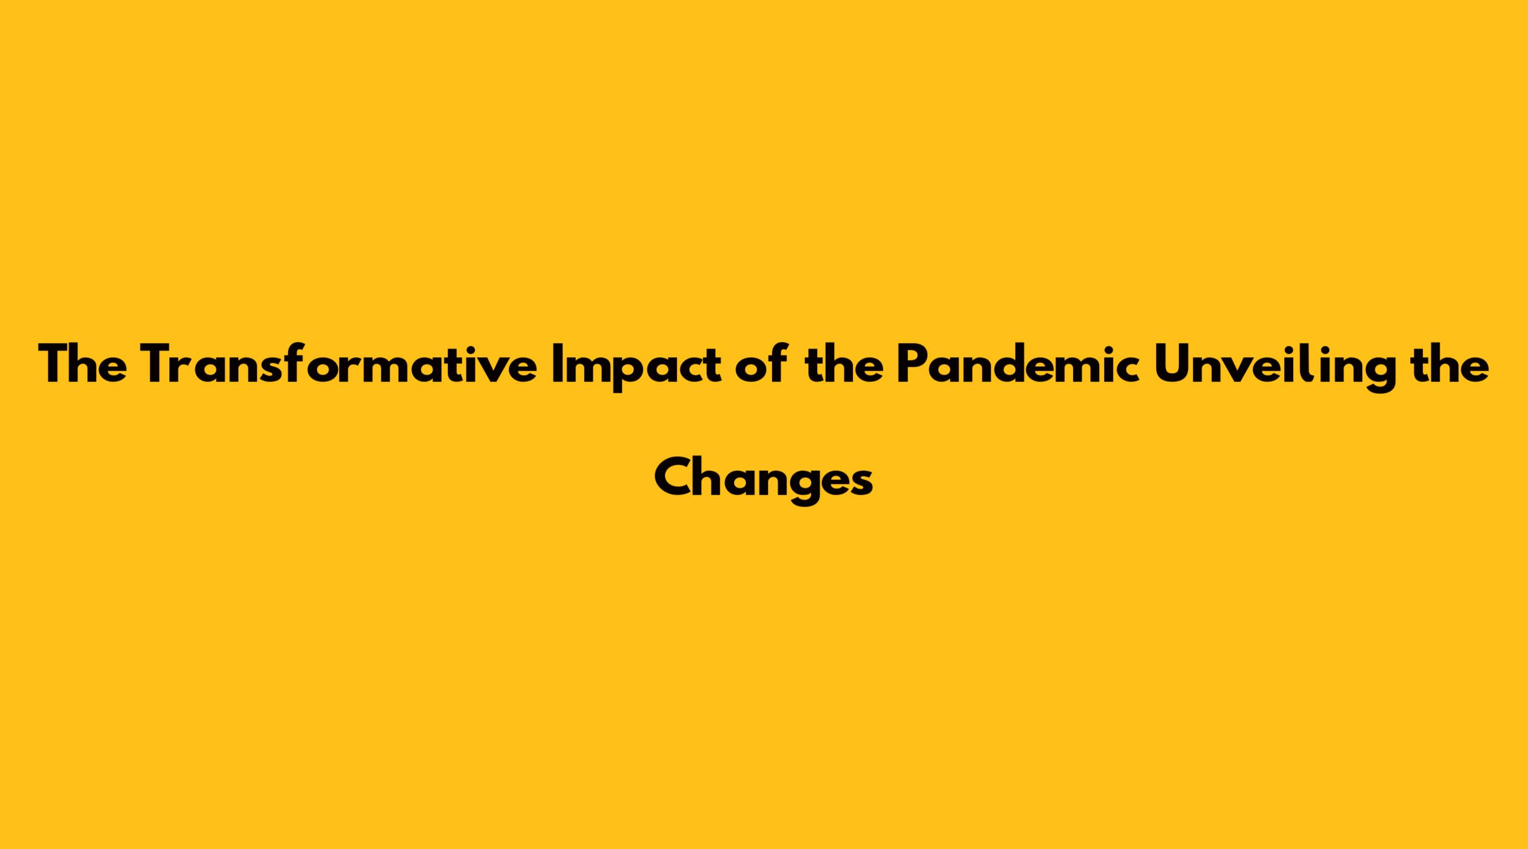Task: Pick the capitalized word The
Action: pyautogui.click(x=83, y=365)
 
